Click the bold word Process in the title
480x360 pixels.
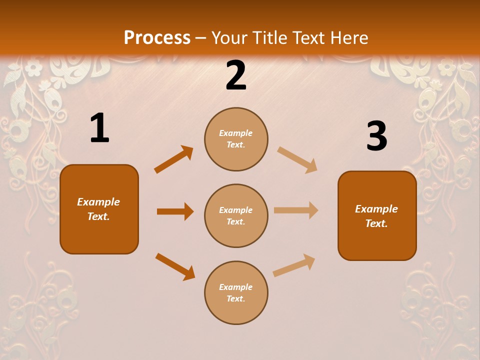coord(157,38)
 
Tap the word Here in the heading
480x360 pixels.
coord(349,38)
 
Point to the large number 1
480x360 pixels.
coord(99,128)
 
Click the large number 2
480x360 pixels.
coord(236,75)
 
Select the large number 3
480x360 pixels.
coord(376,136)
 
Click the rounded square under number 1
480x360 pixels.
coord(99,209)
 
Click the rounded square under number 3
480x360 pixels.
coord(377,215)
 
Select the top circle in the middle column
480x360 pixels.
coord(236,139)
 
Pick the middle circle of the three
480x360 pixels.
coord(236,215)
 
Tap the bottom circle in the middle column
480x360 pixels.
coord(236,292)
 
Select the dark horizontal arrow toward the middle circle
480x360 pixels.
coord(175,211)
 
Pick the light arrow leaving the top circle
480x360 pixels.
coord(297,159)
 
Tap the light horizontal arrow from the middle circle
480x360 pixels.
coord(296,210)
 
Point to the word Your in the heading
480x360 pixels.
coord(229,38)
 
